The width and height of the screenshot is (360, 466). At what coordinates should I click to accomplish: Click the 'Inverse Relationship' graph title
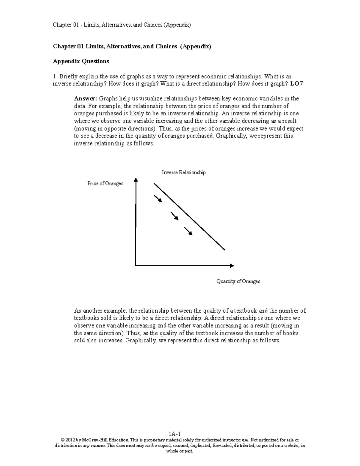184,173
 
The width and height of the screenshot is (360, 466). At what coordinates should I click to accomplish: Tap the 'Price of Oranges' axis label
105,183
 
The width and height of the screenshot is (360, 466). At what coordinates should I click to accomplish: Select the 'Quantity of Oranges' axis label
238,281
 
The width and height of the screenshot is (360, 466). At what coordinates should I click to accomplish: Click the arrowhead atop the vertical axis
136,179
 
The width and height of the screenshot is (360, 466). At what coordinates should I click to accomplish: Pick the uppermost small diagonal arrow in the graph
158,199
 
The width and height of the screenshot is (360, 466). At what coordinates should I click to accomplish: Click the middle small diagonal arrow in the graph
175,216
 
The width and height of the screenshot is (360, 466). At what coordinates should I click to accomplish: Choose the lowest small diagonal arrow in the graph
188,231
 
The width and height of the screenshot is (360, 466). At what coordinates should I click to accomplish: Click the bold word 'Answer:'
85,99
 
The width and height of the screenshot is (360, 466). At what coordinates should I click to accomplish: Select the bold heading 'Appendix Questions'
81,62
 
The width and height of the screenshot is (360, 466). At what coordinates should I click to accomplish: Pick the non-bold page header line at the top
122,25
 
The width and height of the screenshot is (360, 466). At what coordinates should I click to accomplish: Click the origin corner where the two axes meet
136,266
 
